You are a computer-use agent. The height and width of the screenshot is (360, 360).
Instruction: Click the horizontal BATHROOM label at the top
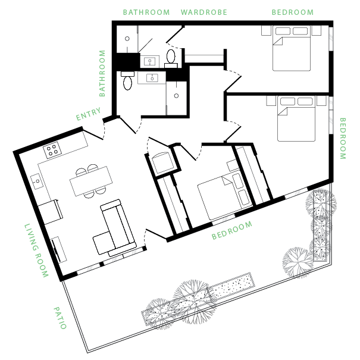[146, 12]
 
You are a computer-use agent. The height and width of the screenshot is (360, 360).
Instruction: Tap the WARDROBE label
[204, 12]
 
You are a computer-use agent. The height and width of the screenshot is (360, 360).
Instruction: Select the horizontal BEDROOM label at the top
[292, 12]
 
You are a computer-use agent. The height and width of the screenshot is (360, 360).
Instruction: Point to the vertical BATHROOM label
[102, 73]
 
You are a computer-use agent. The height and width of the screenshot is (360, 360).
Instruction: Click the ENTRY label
[88, 114]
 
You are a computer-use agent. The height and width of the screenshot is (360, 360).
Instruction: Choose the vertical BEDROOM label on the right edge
[342, 138]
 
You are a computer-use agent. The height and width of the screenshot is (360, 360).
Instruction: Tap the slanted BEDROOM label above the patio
[232, 230]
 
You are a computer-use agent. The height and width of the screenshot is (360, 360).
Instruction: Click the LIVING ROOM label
[36, 251]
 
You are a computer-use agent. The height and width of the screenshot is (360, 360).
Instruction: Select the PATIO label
[60, 318]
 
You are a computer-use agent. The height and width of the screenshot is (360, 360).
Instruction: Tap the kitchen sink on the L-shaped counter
[36, 180]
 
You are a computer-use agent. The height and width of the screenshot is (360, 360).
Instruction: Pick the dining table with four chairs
[91, 181]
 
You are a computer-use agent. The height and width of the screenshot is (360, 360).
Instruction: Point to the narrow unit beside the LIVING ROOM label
[58, 249]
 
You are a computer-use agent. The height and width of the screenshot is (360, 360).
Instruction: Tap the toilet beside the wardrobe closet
[171, 57]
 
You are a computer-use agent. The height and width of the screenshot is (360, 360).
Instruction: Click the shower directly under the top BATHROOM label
[127, 39]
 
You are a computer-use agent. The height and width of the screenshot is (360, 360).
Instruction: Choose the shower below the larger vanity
[176, 98]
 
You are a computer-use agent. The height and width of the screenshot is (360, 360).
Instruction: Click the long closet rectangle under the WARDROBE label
[204, 59]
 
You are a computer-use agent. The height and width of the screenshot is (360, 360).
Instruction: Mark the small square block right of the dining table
[162, 163]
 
